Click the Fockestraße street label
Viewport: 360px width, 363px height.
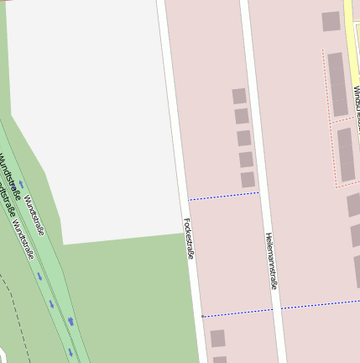coord(189,239)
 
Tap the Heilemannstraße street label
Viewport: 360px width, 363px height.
coord(271,261)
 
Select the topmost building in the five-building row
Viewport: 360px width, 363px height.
coord(239,96)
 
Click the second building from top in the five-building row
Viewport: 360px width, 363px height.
coord(242,116)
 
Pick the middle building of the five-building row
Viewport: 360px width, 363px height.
coord(243,138)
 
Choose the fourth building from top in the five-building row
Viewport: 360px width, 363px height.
coord(246,159)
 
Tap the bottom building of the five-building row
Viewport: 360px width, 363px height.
coord(248,180)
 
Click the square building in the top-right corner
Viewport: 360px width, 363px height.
coord(331,21)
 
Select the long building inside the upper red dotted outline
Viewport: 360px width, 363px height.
coord(337,84)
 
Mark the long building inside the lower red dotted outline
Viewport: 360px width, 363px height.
coord(347,155)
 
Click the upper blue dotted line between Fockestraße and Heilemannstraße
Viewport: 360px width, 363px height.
coord(223,196)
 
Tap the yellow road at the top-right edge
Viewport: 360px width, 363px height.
coord(351,34)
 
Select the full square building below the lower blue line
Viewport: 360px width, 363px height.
coord(217,338)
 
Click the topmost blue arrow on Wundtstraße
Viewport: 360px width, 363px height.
coord(21,182)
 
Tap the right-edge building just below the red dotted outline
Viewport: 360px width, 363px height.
coord(354,204)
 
